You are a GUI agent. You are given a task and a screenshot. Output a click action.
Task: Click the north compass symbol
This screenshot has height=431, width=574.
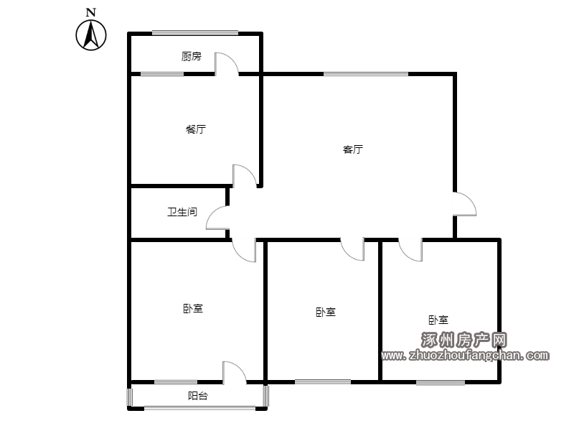click(x=91, y=35)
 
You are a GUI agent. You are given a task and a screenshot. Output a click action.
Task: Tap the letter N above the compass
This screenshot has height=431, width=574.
click(x=91, y=12)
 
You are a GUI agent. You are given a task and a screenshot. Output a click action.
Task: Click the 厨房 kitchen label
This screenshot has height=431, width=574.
click(x=191, y=56)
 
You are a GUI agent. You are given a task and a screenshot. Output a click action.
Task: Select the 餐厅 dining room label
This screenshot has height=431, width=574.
click(x=196, y=129)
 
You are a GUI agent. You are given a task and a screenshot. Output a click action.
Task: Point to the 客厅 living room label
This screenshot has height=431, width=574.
click(x=353, y=149)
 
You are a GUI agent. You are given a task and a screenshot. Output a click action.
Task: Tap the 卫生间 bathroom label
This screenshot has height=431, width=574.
click(x=182, y=212)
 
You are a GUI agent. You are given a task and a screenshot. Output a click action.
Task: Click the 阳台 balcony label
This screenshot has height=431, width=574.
click(x=198, y=396)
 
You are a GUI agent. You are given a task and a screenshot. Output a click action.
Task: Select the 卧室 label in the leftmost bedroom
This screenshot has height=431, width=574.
click(x=193, y=309)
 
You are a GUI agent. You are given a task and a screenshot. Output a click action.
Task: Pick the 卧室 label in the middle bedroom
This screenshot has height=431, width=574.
click(x=326, y=312)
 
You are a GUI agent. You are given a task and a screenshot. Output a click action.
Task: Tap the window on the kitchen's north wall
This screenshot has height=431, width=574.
click(x=195, y=33)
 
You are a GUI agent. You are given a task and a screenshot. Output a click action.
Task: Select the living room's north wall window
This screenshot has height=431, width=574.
click(x=366, y=75)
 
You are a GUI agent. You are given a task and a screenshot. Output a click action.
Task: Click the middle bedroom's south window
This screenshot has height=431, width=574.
click(x=323, y=382)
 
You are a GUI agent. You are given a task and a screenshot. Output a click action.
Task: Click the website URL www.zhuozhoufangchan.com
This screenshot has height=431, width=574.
click(x=465, y=355)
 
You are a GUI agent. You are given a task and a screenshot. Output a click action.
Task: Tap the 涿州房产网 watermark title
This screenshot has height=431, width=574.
click(x=464, y=340)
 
